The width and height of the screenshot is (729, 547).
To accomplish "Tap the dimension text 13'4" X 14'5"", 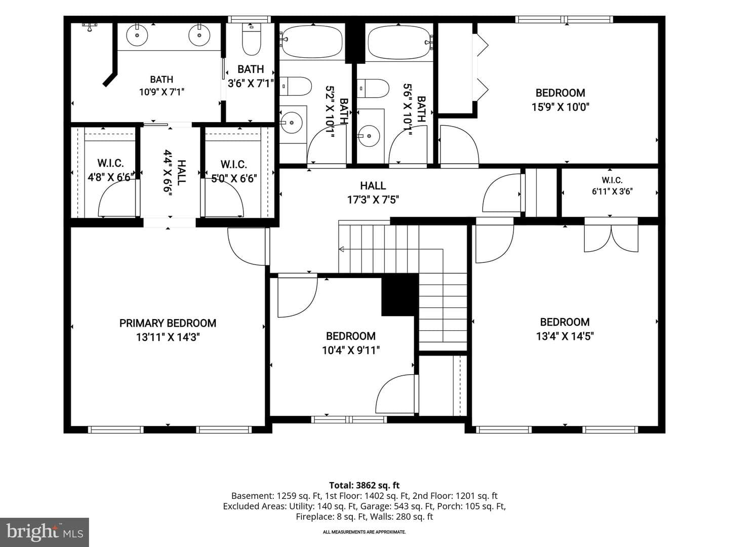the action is click(x=564, y=336).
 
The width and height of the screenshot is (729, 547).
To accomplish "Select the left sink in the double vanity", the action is click(x=137, y=35).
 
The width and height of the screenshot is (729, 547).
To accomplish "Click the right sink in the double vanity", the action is click(x=199, y=35).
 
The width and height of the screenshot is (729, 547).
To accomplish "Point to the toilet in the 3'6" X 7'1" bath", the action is click(x=252, y=39).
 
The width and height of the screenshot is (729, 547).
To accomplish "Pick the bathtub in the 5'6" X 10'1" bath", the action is click(x=399, y=42).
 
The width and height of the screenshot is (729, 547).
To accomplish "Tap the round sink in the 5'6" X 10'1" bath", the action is click(x=369, y=136).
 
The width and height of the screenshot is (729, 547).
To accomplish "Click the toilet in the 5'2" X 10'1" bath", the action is click(x=296, y=86).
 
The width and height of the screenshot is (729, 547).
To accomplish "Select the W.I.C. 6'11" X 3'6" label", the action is click(x=612, y=186).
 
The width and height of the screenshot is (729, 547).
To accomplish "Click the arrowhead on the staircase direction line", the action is click(x=341, y=249).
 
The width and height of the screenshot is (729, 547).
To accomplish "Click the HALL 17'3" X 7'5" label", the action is click(x=373, y=192).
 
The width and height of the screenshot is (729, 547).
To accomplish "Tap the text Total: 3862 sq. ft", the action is click(x=364, y=485).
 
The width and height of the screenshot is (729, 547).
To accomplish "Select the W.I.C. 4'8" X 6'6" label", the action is click(x=111, y=170).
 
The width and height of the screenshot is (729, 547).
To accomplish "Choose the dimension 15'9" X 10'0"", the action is click(x=560, y=107).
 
